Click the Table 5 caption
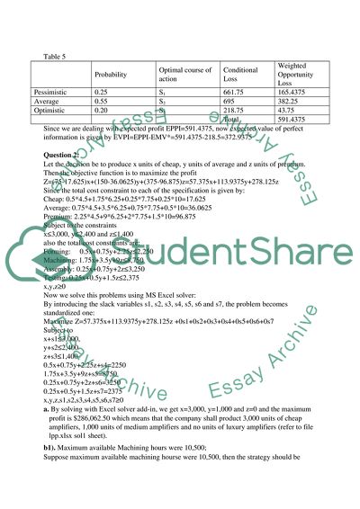point(53,55)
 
